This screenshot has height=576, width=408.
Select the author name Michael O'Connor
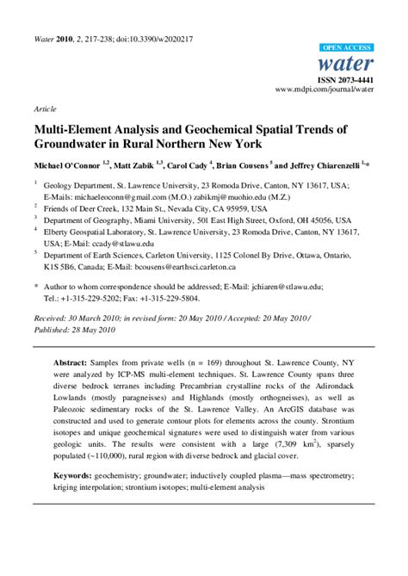pos(67,164)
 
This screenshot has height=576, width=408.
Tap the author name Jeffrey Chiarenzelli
pos(325,164)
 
